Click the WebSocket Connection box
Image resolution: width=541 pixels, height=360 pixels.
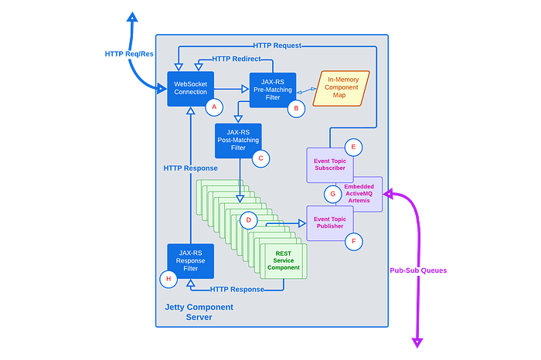pyautogui.click(x=190, y=89)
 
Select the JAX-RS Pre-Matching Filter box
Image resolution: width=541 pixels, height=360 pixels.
pyautogui.click(x=273, y=90)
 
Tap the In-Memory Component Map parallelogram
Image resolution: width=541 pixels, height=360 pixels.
pyautogui.click(x=342, y=88)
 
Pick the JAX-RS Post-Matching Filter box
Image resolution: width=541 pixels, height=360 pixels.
pyautogui.click(x=238, y=141)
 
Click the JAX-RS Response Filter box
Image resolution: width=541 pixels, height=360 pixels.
pyautogui.click(x=190, y=261)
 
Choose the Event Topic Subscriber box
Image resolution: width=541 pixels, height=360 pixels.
pyautogui.click(x=330, y=165)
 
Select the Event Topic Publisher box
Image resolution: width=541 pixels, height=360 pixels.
pyautogui.click(x=330, y=223)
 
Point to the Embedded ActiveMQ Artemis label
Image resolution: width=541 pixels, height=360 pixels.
pyautogui.click(x=359, y=193)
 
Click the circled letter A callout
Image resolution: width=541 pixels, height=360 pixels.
pyautogui.click(x=214, y=107)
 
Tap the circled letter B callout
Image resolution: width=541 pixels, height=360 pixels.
pyautogui.click(x=296, y=109)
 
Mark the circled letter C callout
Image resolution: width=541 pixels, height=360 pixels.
pyautogui.click(x=261, y=158)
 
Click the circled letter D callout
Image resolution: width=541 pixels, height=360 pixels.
pyautogui.click(x=248, y=220)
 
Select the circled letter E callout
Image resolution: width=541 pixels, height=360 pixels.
pyautogui.click(x=353, y=148)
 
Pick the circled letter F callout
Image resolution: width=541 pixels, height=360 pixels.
pyautogui.click(x=354, y=241)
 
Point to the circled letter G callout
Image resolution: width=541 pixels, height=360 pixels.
pyautogui.click(x=333, y=194)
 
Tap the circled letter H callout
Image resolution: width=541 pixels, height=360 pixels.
pyautogui.click(x=168, y=279)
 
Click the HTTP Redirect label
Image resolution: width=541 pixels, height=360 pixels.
pyautogui.click(x=236, y=59)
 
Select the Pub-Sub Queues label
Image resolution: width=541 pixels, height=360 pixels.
pyautogui.click(x=418, y=270)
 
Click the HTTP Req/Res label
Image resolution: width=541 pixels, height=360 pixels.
pyautogui.click(x=129, y=54)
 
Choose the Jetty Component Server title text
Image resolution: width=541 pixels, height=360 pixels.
pyautogui.click(x=199, y=312)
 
